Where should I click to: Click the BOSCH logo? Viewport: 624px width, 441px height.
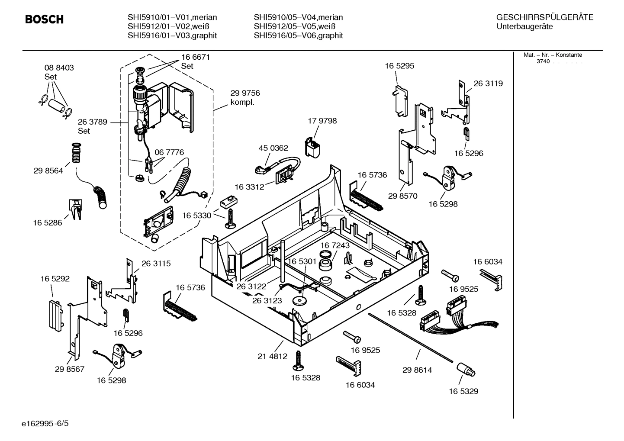click(44, 19)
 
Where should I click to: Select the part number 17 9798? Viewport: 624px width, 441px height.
click(322, 121)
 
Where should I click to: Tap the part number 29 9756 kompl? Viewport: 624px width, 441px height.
click(245, 97)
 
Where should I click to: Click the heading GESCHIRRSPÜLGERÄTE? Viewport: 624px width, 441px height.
click(544, 17)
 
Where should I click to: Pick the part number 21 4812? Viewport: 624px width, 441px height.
click(272, 356)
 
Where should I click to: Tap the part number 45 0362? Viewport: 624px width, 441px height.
click(273, 148)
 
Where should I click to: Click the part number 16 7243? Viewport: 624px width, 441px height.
click(335, 245)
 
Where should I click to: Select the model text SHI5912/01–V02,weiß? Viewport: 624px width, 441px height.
click(163, 26)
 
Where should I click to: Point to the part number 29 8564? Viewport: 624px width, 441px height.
click(48, 171)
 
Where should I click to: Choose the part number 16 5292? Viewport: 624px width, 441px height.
click(55, 279)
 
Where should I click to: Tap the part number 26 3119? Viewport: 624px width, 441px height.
click(488, 83)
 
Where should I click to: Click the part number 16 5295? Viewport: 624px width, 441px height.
click(399, 66)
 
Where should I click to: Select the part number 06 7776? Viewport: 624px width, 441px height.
click(169, 152)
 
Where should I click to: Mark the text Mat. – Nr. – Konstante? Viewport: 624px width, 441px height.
click(553, 55)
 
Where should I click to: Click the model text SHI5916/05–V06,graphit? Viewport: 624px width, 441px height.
click(298, 35)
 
